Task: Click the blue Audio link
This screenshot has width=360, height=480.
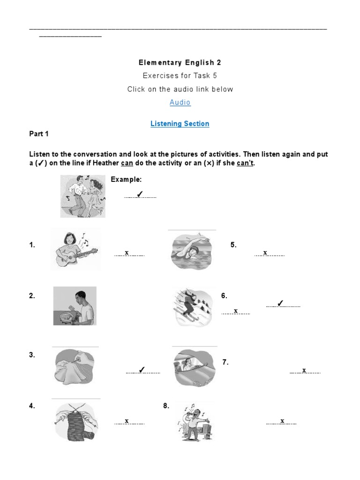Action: [x=180, y=102]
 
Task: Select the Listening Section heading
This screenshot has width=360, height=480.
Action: [x=180, y=124]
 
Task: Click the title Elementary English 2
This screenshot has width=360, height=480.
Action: [x=180, y=62]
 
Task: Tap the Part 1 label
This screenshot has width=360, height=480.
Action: [x=39, y=134]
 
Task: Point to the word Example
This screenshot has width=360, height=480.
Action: [x=126, y=180]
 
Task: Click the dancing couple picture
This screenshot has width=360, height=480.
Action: [x=83, y=196]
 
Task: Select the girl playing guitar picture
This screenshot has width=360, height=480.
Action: [x=75, y=249]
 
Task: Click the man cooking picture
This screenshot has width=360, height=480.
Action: [x=75, y=306]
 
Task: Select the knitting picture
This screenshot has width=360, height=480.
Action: [x=75, y=421]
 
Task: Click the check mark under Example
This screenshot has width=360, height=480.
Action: [x=139, y=195]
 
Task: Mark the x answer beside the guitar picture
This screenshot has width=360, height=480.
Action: [x=127, y=253]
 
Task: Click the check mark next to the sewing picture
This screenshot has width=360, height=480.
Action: [x=142, y=370]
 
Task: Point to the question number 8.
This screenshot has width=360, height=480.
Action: [x=166, y=406]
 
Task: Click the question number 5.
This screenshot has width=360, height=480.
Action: [x=233, y=245]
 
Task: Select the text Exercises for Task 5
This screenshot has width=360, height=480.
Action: [x=180, y=75]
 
